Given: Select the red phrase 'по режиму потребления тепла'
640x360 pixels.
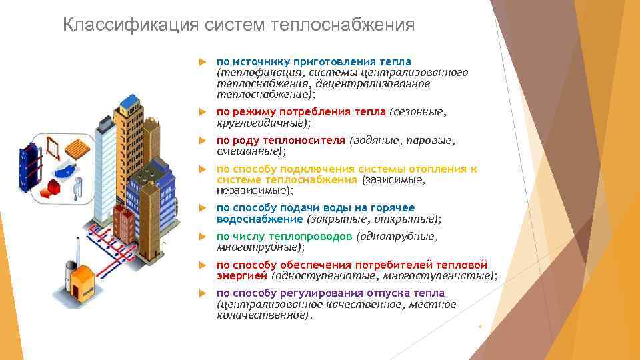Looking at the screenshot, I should point(301,112).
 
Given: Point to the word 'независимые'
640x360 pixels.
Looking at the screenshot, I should point(253,191).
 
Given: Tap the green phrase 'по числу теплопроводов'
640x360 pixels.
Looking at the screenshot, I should point(285,236).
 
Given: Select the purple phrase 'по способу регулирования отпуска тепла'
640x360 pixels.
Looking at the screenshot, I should point(331,293).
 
